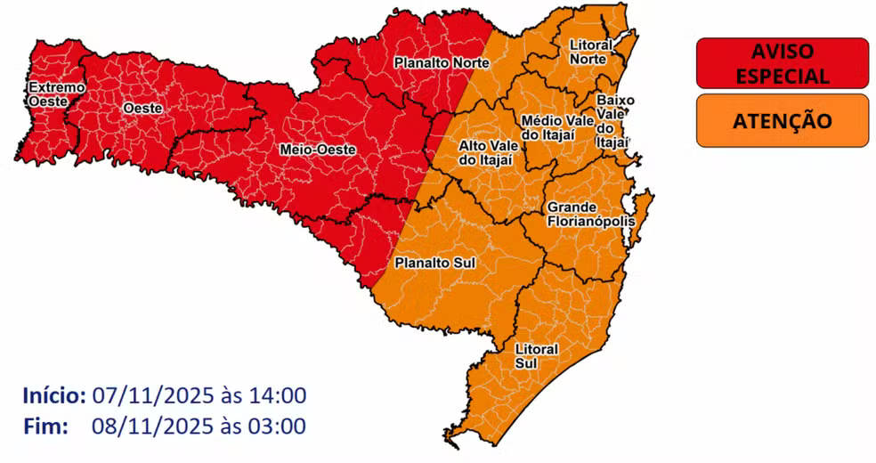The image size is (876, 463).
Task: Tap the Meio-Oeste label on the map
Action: click(318, 150)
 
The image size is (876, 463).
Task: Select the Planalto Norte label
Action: click(432, 62)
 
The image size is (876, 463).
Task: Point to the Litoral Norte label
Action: click(588, 52)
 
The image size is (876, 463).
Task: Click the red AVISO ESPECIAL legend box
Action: click(782, 63)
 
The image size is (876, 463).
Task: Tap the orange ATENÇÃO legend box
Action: click(782, 120)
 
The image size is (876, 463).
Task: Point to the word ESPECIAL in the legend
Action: click(782, 76)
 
